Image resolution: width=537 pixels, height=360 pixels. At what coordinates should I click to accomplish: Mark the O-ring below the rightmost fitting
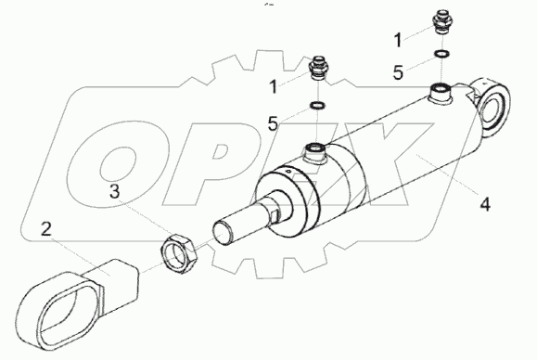click(x=443, y=54)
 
